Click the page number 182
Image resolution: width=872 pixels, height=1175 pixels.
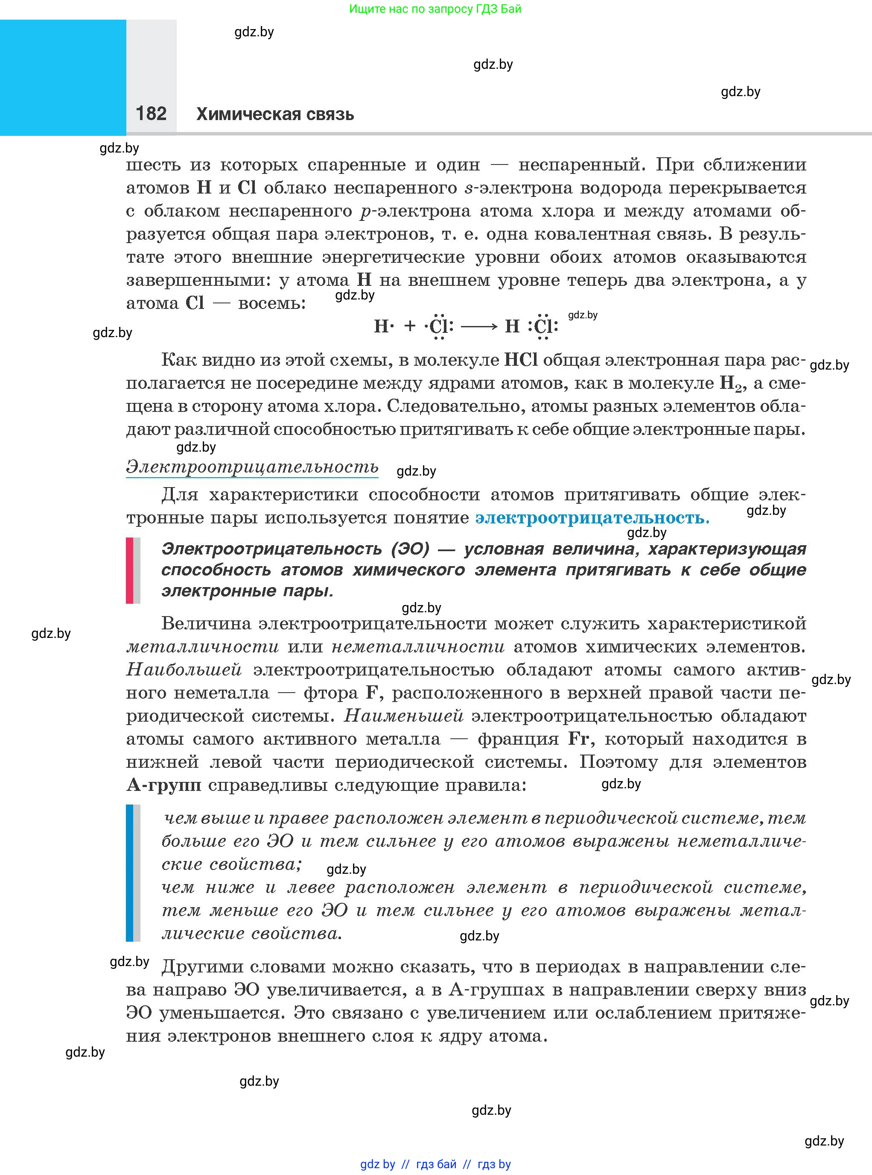click(x=151, y=114)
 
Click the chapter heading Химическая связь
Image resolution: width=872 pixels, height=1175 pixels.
click(x=275, y=114)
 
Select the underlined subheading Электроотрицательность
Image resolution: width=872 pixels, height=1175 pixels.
click(x=252, y=467)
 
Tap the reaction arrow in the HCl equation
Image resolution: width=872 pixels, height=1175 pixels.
click(x=479, y=326)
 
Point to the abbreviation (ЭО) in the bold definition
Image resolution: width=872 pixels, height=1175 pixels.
click(x=410, y=549)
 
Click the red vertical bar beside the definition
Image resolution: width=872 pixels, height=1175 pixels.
click(x=129, y=570)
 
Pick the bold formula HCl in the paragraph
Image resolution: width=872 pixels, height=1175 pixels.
click(x=521, y=360)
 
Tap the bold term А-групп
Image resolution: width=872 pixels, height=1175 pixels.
click(x=163, y=785)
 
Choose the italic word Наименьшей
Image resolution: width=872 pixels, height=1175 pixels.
click(x=404, y=716)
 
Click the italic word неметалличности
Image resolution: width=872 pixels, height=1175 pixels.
click(x=417, y=646)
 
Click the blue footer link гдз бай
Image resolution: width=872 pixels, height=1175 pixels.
click(x=436, y=1164)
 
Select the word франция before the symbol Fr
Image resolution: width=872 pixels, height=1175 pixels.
click(x=518, y=739)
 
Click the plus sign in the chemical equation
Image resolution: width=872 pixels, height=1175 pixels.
click(x=410, y=326)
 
